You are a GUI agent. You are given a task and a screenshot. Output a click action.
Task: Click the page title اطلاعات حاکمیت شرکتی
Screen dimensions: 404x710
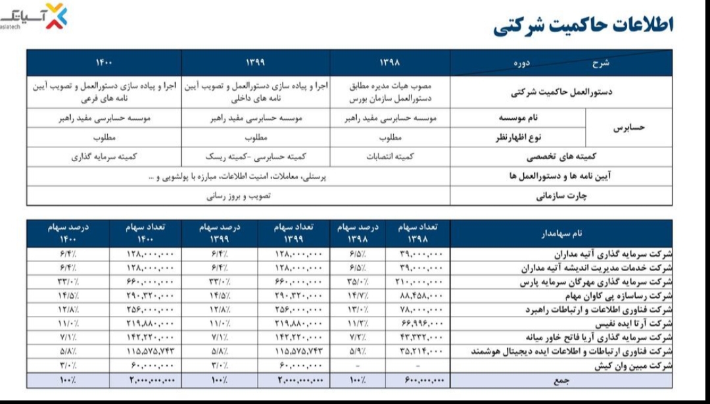pyautogui.click(x=583, y=26)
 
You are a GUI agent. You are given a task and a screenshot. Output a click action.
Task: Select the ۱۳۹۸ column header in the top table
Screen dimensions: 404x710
pyautogui.click(x=390, y=63)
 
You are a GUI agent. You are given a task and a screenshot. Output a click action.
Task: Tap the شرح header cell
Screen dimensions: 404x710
pyautogui.click(x=600, y=63)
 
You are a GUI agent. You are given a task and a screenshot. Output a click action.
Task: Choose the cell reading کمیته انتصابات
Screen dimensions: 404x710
pyautogui.click(x=390, y=157)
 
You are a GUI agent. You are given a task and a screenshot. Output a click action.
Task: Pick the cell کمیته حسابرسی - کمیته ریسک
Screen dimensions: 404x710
pyautogui.click(x=256, y=157)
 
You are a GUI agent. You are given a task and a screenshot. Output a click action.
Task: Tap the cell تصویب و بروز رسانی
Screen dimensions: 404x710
pyautogui.click(x=239, y=196)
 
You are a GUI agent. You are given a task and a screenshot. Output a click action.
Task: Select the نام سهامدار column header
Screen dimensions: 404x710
pyautogui.click(x=561, y=234)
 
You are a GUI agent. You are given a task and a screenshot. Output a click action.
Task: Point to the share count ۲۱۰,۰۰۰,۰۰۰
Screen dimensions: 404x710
pyautogui.click(x=421, y=282)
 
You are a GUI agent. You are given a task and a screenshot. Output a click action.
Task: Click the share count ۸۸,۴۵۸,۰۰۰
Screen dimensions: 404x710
pyautogui.click(x=421, y=295)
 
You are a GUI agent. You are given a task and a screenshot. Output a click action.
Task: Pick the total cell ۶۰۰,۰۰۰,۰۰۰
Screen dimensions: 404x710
pyautogui.click(x=421, y=380)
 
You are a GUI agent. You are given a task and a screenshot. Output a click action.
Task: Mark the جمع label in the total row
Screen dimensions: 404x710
pyautogui.click(x=561, y=380)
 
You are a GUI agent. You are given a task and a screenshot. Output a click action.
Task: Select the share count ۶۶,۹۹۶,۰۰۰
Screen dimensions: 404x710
pyautogui.click(x=421, y=323)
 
